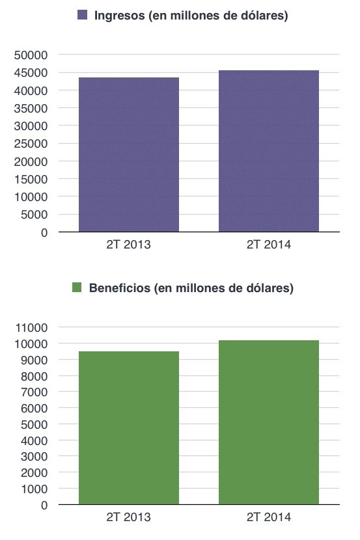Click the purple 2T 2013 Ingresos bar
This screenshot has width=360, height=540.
point(129,155)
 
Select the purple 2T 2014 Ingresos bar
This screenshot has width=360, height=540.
point(269,151)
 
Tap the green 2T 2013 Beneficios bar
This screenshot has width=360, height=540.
point(129,427)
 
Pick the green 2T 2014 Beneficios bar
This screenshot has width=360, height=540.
point(269,422)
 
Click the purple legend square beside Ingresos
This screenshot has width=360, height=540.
point(82,15)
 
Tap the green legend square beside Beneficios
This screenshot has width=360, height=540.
point(77,287)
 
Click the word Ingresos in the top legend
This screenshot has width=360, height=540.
point(120,16)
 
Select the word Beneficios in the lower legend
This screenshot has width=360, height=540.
point(120,288)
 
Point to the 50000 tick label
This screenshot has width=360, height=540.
point(31,55)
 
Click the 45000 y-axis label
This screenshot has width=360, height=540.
point(31,73)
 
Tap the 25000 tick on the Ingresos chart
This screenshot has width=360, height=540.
point(31,144)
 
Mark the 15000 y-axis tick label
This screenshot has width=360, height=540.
point(31,179)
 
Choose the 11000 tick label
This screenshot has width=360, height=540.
point(31,327)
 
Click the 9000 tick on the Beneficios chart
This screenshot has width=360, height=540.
point(34,360)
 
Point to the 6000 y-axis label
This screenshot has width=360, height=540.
point(34,409)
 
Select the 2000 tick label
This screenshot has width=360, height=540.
point(34,473)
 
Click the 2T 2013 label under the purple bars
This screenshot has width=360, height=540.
point(128,245)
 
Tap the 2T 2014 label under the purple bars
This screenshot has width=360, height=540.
point(269,245)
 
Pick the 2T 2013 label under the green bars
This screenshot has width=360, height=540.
point(128,517)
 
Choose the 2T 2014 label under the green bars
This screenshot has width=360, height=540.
point(269,517)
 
